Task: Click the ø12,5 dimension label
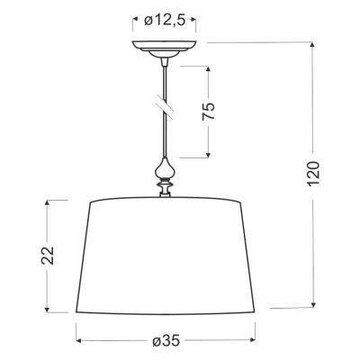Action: pos(165,21)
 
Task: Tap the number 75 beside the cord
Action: pos(209,112)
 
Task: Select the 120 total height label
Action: pos(313,174)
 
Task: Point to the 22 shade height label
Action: pos(48,256)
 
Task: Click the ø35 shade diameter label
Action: pos(166,341)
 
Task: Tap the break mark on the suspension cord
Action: pos(165,105)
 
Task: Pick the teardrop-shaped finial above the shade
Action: pos(165,168)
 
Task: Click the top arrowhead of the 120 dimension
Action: pos(312,45)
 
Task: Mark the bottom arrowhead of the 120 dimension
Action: pos(313,305)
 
